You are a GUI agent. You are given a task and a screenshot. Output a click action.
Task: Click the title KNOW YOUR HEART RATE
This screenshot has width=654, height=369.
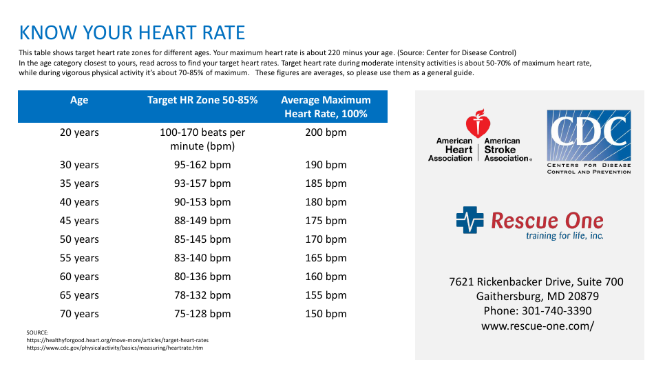pyautogui.click(x=132, y=32)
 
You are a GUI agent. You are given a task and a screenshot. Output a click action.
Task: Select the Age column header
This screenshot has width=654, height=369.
pyautogui.click(x=79, y=100)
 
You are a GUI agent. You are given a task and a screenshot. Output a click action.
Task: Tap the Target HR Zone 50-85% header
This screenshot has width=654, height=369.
pyautogui.click(x=202, y=100)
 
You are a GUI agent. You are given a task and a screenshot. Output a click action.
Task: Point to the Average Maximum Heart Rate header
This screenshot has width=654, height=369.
pyautogui.click(x=326, y=107)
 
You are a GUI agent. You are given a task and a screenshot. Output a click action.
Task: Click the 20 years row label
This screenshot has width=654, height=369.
pyautogui.click(x=79, y=132)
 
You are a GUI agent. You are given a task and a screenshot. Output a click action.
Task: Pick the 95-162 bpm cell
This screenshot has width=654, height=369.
pyautogui.click(x=202, y=165)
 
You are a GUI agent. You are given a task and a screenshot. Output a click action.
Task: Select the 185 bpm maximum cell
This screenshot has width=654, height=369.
pyautogui.click(x=326, y=183)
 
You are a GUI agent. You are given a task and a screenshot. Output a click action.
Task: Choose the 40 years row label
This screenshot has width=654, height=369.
pyautogui.click(x=79, y=202)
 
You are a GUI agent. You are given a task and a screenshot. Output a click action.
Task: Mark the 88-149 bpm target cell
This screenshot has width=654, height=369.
pyautogui.click(x=202, y=221)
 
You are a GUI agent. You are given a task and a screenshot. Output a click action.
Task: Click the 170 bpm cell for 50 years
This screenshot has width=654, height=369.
pyautogui.click(x=326, y=239)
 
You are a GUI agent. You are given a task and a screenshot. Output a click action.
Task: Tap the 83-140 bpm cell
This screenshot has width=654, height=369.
pyautogui.click(x=202, y=258)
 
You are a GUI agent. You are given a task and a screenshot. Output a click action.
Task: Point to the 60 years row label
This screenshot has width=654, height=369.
pyautogui.click(x=79, y=277)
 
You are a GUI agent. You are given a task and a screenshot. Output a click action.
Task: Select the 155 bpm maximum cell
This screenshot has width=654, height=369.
pyautogui.click(x=326, y=295)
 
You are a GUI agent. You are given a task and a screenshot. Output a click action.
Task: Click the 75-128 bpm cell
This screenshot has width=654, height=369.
pyautogui.click(x=202, y=314)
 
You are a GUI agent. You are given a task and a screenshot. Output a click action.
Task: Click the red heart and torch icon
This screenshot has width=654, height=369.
pyautogui.click(x=478, y=123)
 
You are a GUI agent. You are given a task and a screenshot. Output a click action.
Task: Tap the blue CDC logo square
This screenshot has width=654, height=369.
pyautogui.click(x=589, y=135)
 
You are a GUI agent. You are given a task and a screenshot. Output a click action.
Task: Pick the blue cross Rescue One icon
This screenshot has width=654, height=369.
pyautogui.click(x=471, y=221)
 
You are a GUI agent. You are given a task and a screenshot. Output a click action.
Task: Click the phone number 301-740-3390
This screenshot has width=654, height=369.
pyautogui.click(x=537, y=311)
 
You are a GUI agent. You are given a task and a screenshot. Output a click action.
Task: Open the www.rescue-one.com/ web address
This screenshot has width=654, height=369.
pyautogui.click(x=537, y=326)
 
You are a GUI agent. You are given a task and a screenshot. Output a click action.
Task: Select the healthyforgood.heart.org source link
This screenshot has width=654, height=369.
pyautogui.click(x=117, y=340)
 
